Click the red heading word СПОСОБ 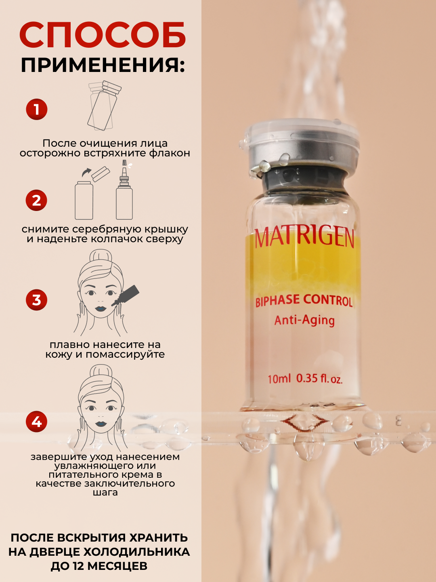[x=103, y=35]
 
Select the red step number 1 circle [x=36, y=109]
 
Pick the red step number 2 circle [x=36, y=200]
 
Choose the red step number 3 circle [x=36, y=300]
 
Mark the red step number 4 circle [x=36, y=422]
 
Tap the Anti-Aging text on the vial [x=304, y=321]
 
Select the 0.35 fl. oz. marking [x=319, y=379]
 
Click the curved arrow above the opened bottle [x=86, y=172]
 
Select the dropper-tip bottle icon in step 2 [x=124, y=190]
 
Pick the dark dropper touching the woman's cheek [x=126, y=295]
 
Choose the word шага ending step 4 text [x=105, y=493]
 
